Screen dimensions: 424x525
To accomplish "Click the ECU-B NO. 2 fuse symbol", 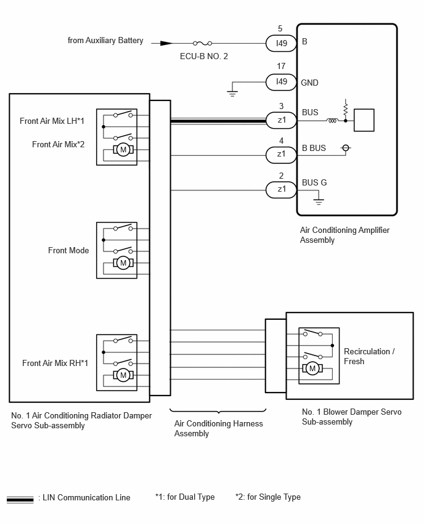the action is tap(202, 43).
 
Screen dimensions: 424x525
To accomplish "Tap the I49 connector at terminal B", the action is tap(281, 43).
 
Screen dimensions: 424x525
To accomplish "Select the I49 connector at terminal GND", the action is tap(281, 82).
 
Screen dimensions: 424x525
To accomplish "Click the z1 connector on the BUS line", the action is tap(281, 120).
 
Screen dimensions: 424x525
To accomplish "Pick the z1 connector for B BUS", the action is tap(281, 154).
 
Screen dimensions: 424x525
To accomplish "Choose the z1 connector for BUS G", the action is tap(281, 190).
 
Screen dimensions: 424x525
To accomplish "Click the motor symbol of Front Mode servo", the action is tap(123, 263).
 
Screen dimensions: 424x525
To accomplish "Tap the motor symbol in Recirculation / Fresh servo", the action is tap(312, 368).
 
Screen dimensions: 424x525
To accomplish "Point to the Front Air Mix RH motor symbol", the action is tap(123, 375).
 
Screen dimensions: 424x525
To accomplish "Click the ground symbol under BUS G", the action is tap(319, 201).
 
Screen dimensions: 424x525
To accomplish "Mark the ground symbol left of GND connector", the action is tap(232, 93).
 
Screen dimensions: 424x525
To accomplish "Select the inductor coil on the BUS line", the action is tap(332, 121).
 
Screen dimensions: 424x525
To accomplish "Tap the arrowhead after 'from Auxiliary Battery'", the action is tap(166, 43).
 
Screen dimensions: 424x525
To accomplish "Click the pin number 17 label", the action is tap(281, 67).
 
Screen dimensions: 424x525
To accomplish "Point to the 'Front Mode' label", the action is tap(68, 250).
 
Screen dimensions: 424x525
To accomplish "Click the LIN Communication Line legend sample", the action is tap(20, 500).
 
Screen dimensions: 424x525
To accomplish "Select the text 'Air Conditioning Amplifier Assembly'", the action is tap(344, 235).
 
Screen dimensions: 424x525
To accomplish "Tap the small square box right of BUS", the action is tap(364, 120).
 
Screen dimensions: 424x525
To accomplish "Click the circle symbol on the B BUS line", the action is tap(346, 148).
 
